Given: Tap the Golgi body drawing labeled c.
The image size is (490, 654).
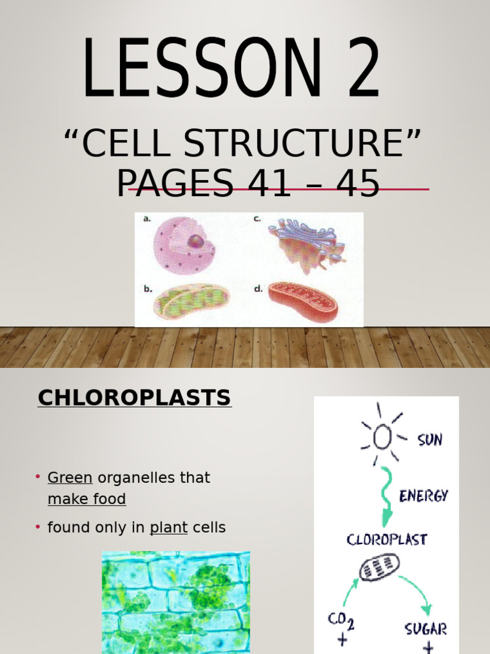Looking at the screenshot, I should tap(305, 244).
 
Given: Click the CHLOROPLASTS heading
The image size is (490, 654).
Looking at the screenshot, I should tap(134, 398).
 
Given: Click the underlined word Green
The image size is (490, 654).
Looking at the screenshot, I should tap(70, 478).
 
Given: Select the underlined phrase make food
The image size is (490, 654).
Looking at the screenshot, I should tap(87, 499).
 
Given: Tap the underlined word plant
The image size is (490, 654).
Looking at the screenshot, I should tap(168, 528).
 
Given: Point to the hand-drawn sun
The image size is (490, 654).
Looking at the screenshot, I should tap(382, 436).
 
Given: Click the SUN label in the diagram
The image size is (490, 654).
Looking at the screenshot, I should tap(429, 440).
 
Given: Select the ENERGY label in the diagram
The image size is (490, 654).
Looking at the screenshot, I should tap(424, 496).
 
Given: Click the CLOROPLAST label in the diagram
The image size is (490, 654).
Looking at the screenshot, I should tap(387, 540).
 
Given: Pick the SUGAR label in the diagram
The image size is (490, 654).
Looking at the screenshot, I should tap(426, 628).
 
